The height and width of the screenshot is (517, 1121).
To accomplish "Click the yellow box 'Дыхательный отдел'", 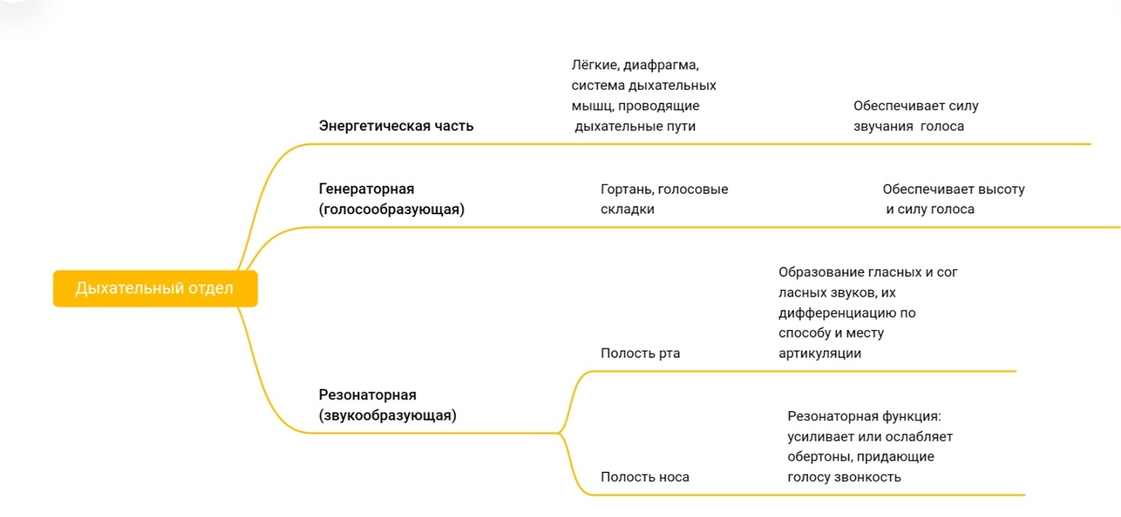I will tap(154, 288).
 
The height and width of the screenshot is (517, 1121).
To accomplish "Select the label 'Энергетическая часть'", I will tap(396, 126).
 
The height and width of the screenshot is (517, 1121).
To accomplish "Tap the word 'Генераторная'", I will tap(366, 189).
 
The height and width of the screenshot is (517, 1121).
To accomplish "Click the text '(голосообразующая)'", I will tap(391, 209).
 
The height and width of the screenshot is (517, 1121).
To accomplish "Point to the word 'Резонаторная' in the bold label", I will tap(367, 395).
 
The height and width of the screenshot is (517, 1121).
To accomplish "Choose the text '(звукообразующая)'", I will tap(388, 415).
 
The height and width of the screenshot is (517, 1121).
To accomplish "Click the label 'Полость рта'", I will tap(640, 353).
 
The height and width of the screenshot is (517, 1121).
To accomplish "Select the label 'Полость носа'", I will tap(645, 477).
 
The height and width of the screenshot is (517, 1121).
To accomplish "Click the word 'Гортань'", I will tap(626, 189).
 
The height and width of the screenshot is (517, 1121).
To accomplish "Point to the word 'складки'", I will tap(627, 209).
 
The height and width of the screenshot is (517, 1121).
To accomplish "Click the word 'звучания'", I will tap(883, 126).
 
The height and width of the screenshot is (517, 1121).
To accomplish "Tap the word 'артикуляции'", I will tap(819, 353).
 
